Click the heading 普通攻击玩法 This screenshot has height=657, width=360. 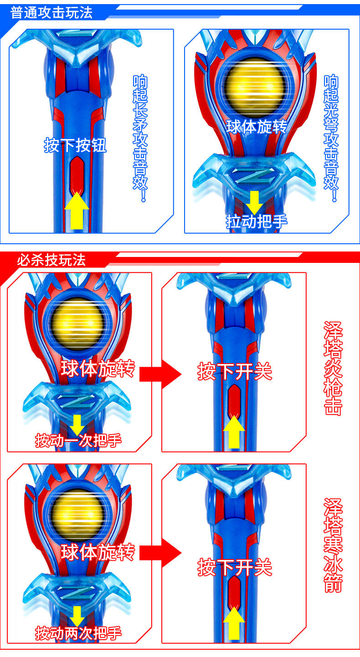51,12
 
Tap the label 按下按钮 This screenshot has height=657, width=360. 75,145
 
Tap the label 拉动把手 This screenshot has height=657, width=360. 257,221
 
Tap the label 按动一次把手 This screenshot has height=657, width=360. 78,441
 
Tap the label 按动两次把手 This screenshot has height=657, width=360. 78,633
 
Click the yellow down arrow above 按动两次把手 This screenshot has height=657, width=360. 77,616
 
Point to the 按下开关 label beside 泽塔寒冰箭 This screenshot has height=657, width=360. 234,567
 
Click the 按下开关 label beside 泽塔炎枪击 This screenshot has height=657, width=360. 234,372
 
